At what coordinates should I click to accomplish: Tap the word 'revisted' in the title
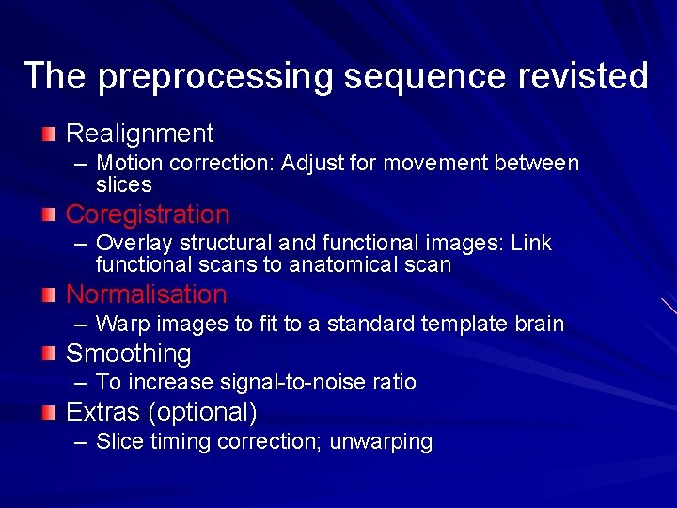(x=590, y=75)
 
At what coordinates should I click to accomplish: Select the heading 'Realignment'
(x=139, y=134)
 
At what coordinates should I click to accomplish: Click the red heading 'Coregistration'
(x=147, y=214)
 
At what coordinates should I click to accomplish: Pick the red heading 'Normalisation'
(x=146, y=294)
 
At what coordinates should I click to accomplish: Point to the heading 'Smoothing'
(x=128, y=354)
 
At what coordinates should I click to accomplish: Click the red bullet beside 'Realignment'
(x=49, y=133)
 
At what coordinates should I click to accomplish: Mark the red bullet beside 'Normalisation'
(x=49, y=294)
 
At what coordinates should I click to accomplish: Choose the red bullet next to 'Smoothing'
(x=49, y=354)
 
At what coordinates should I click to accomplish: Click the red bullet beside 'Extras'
(x=49, y=412)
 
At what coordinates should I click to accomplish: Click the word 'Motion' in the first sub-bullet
(x=126, y=164)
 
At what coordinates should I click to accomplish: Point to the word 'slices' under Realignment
(x=123, y=184)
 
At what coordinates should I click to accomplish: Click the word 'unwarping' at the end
(x=381, y=442)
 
